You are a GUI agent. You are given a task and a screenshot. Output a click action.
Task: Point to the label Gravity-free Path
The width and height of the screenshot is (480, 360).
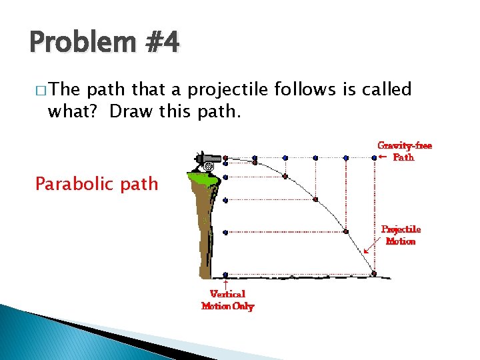[x=404, y=151]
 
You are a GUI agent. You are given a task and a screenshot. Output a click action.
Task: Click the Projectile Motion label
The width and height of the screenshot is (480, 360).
[x=401, y=235]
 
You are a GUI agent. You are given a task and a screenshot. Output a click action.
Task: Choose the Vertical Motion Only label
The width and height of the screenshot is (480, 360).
[x=228, y=300]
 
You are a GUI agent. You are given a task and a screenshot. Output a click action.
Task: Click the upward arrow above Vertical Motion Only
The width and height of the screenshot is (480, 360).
[x=227, y=283]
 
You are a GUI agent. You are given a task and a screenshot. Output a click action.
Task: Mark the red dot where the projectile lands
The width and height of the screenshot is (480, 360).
[x=374, y=273]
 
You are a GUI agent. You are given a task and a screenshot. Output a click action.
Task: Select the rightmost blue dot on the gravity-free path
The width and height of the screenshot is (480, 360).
[x=374, y=158]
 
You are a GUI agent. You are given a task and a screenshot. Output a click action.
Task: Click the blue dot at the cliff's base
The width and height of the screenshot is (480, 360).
[x=227, y=274]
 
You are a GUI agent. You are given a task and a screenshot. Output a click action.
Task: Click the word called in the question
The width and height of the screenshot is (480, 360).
[x=387, y=89]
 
